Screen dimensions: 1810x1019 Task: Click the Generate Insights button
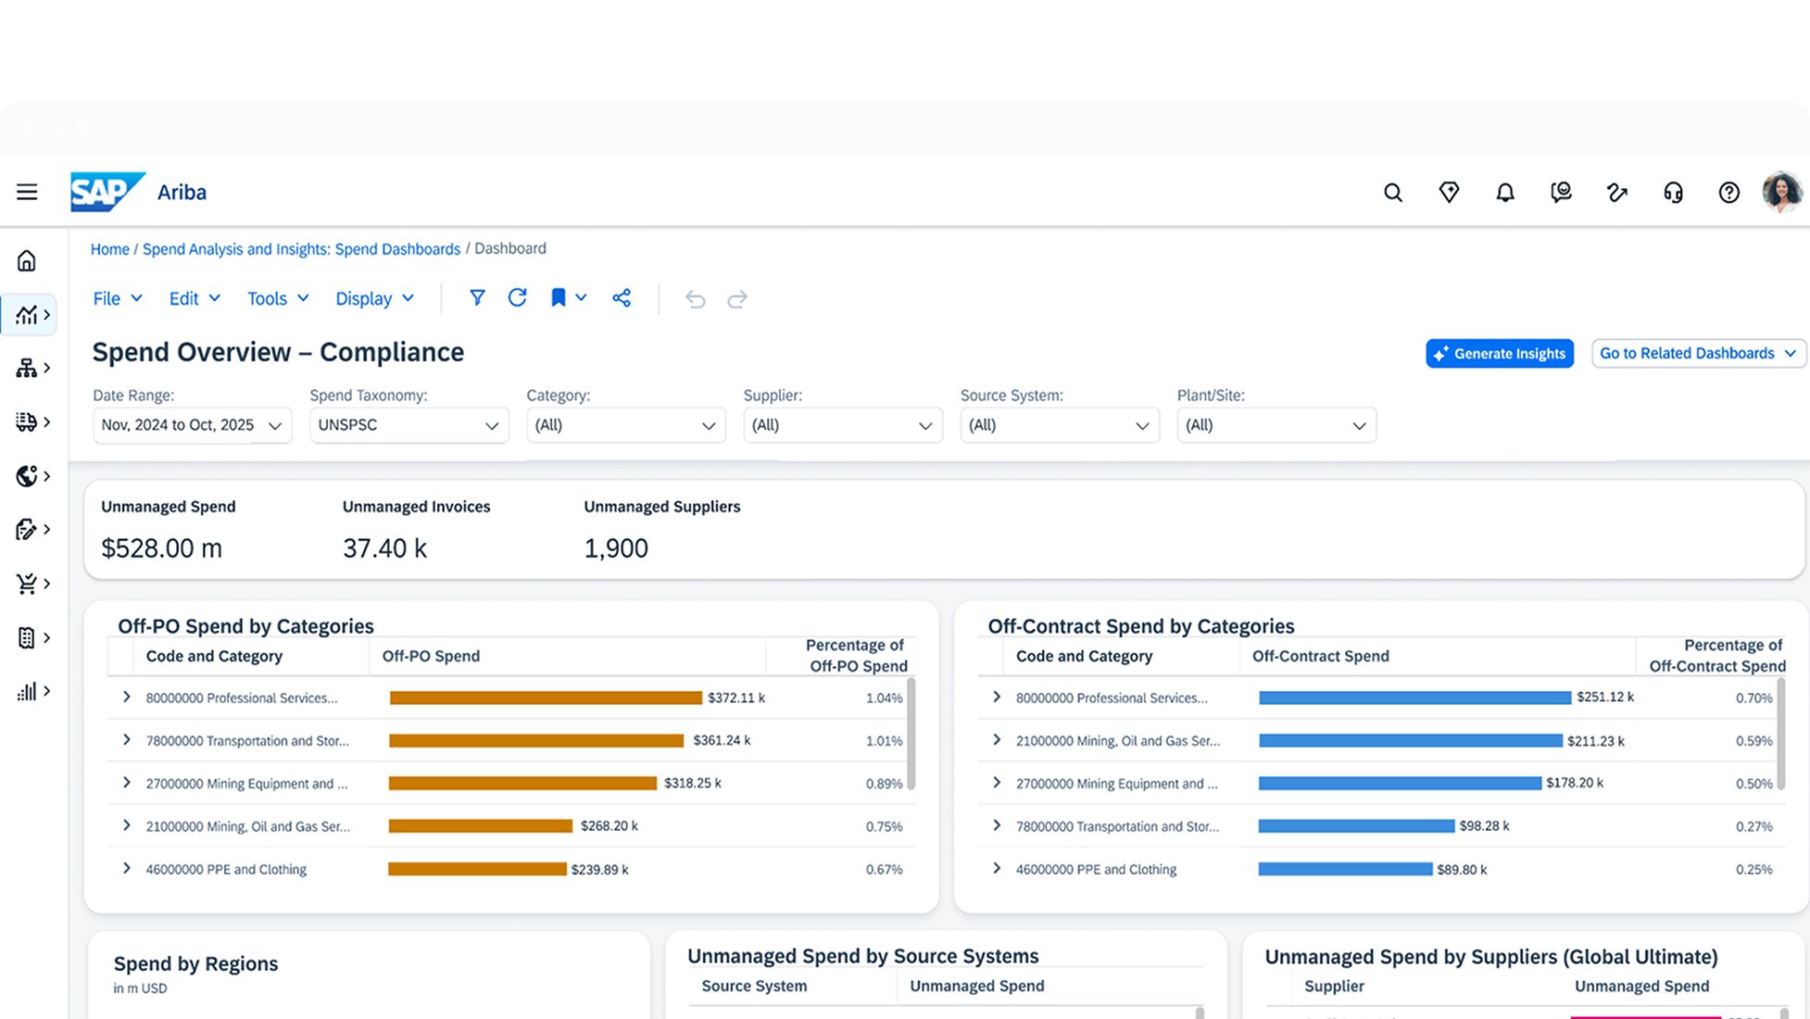click(x=1500, y=353)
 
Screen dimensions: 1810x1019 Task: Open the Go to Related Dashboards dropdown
click(x=1699, y=353)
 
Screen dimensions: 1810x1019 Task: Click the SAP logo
click(x=107, y=192)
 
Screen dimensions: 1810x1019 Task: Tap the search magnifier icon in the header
click(x=1393, y=193)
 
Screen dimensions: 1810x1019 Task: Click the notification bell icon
click(x=1505, y=193)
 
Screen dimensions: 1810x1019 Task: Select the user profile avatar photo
click(x=1782, y=192)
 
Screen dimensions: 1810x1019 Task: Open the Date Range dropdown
click(x=192, y=425)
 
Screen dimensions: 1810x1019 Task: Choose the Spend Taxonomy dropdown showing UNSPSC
click(x=409, y=425)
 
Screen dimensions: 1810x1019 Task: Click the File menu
click(x=118, y=298)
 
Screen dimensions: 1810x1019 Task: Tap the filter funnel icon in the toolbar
click(x=477, y=297)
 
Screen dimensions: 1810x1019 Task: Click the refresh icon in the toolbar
click(x=518, y=297)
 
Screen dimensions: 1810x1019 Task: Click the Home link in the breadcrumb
click(x=109, y=249)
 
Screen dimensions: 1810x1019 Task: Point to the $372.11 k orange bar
click(x=546, y=698)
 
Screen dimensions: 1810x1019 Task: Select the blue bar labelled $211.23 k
click(x=1411, y=741)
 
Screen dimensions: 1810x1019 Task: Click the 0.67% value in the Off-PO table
click(x=884, y=870)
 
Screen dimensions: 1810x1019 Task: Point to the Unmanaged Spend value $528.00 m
click(x=161, y=548)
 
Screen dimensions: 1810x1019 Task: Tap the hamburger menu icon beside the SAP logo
click(x=27, y=192)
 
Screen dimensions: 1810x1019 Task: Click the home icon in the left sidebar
click(x=27, y=261)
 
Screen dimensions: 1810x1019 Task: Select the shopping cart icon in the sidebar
click(x=27, y=584)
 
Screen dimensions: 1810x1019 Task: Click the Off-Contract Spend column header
click(x=1321, y=656)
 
